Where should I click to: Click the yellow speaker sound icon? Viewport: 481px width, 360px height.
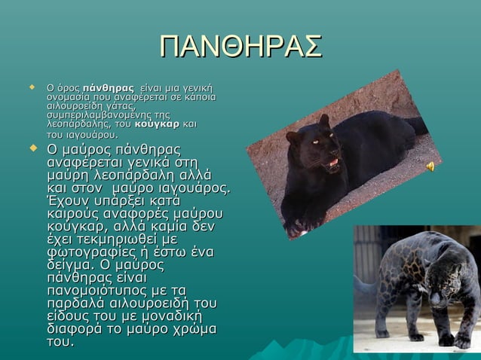[430, 166]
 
